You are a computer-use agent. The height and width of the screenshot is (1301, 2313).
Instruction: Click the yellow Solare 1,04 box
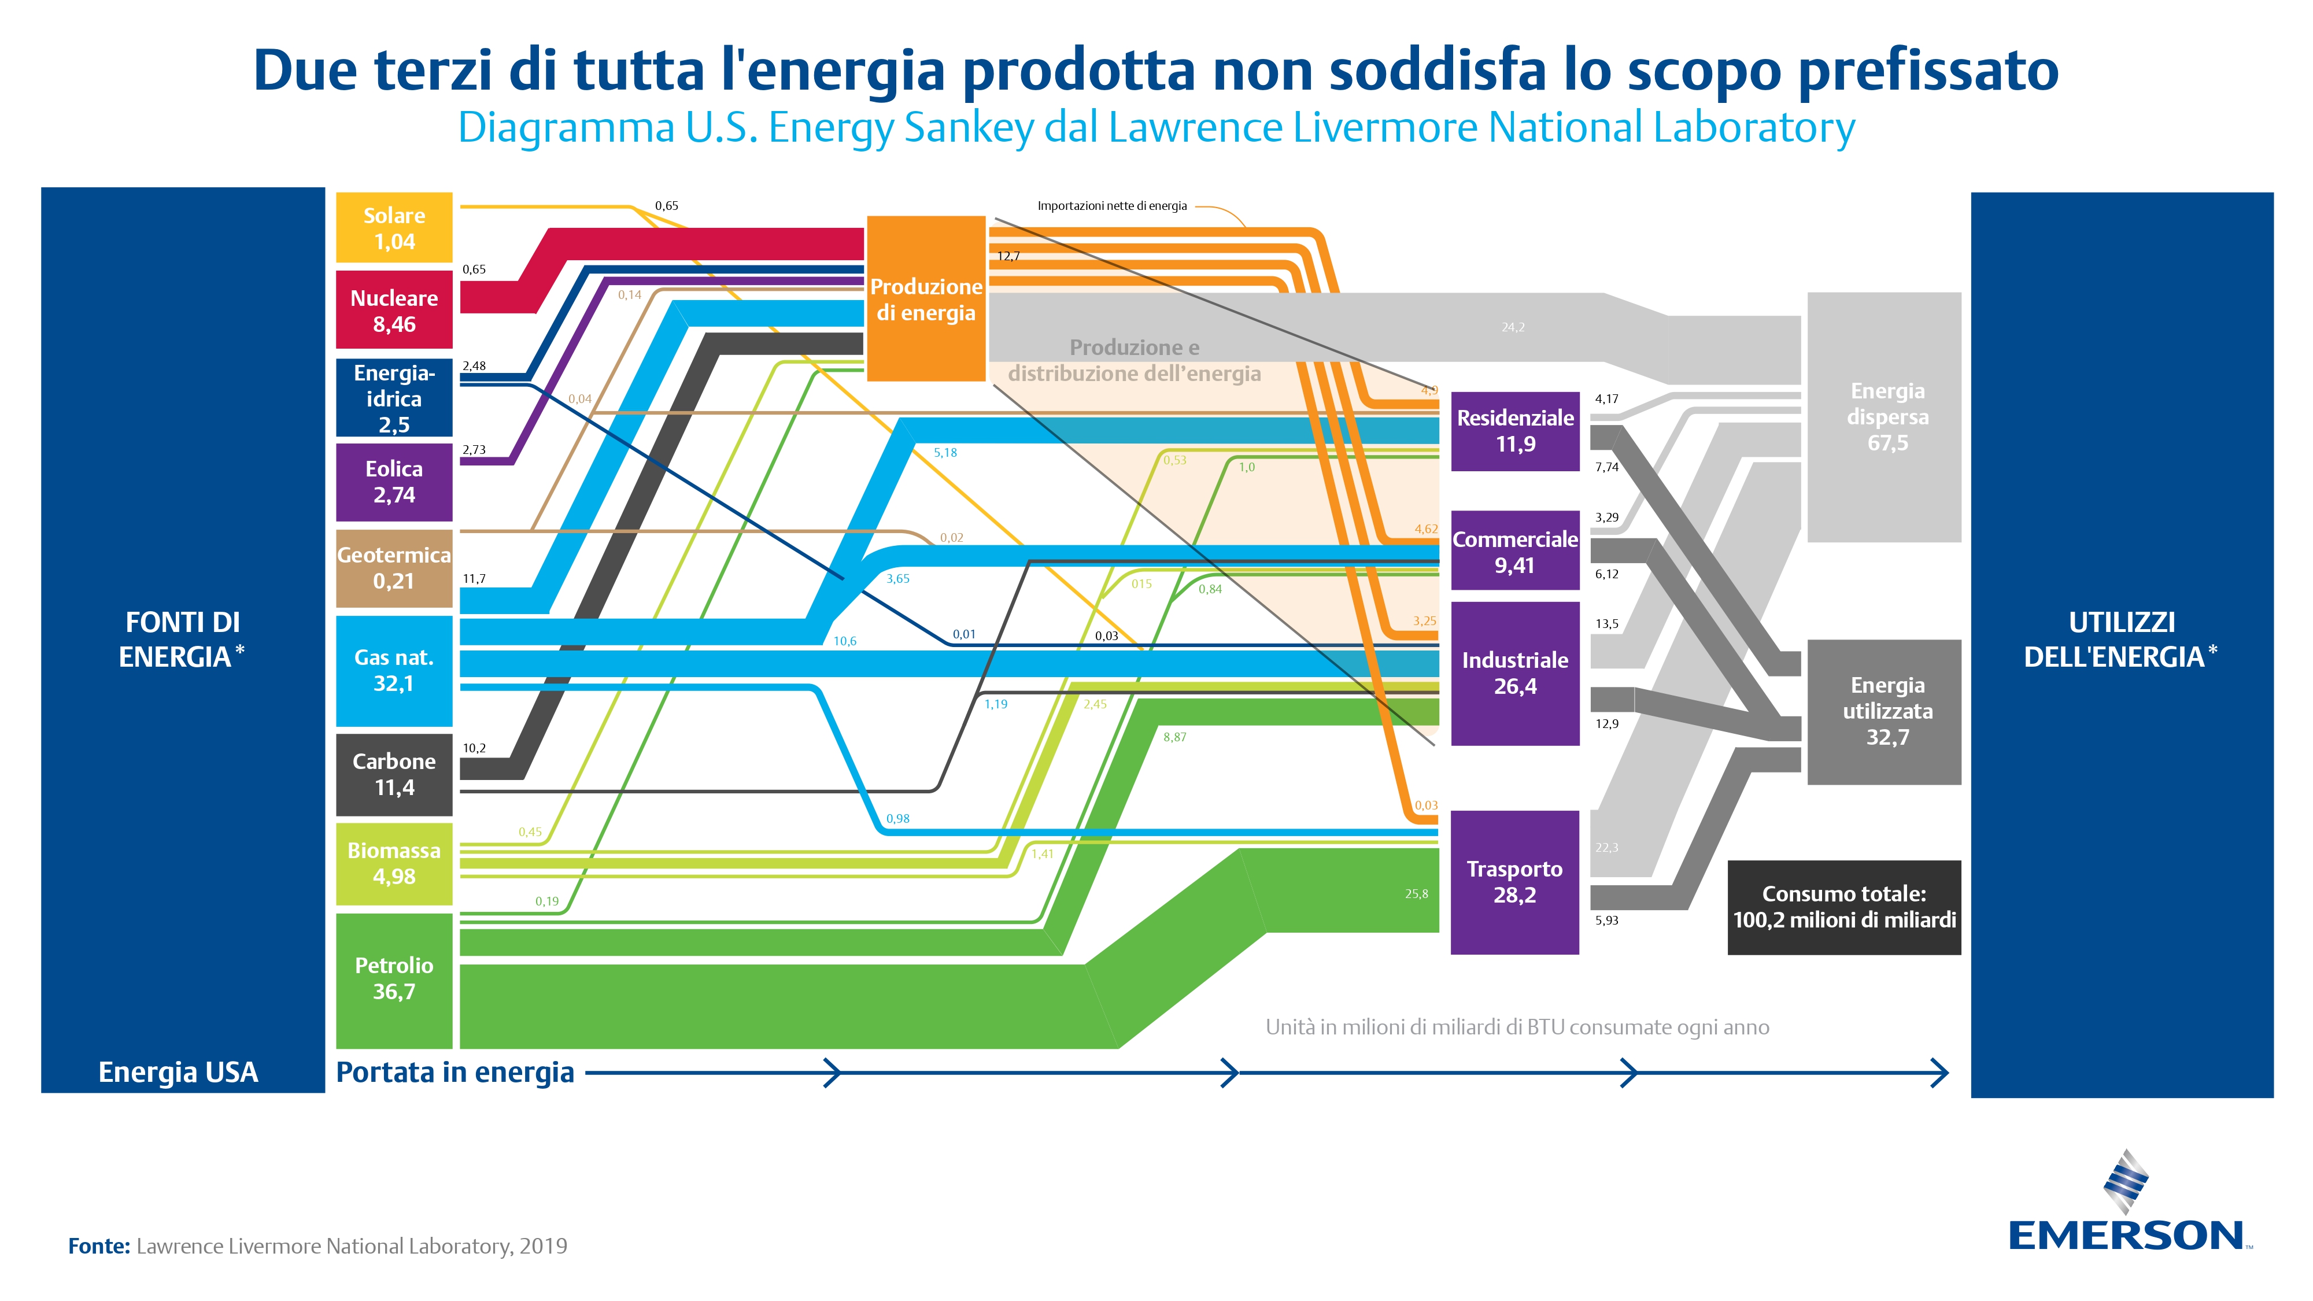click(x=394, y=228)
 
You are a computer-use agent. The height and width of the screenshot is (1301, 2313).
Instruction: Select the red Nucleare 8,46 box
click(x=394, y=310)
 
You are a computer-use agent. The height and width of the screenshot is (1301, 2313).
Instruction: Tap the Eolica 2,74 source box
click(x=394, y=482)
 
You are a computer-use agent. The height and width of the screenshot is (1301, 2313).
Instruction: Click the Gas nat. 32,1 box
click(x=394, y=671)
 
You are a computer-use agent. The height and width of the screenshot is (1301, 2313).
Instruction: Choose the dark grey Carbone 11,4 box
click(x=394, y=775)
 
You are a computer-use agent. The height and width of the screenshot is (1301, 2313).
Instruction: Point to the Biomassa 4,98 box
click(x=394, y=864)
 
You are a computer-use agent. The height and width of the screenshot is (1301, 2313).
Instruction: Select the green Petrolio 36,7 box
click(x=394, y=981)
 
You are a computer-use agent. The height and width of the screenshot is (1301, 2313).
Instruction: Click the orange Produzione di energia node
click(x=926, y=298)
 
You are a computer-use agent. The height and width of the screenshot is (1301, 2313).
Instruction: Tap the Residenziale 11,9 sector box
click(x=1515, y=431)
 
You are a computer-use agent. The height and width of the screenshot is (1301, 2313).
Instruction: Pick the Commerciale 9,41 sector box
click(x=1515, y=550)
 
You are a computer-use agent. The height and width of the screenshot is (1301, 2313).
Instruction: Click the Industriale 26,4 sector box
click(x=1515, y=674)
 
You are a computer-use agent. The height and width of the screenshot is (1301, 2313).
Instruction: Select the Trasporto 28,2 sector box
click(x=1515, y=882)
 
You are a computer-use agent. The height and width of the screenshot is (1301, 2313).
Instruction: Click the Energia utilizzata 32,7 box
click(x=1884, y=711)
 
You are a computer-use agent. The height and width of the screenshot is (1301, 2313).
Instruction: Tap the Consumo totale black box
click(x=1844, y=907)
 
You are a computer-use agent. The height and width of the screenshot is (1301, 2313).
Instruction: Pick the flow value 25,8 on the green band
click(x=1416, y=893)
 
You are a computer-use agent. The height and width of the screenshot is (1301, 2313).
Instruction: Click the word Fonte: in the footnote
click(x=99, y=1245)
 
